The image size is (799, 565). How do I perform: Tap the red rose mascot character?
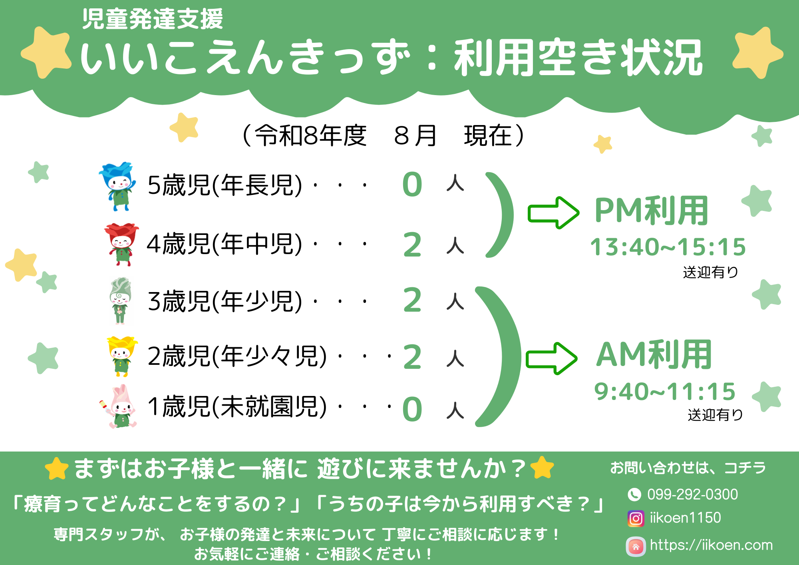(121, 244)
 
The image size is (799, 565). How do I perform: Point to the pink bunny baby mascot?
(119, 406)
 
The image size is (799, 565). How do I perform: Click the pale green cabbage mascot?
(120, 301)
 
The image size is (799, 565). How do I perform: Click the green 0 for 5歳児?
(412, 185)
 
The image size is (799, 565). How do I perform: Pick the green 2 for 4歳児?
(412, 245)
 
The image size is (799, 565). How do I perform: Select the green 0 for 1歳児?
(412, 409)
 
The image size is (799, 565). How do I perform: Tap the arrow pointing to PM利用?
(553, 213)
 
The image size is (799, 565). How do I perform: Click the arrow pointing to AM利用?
(551, 358)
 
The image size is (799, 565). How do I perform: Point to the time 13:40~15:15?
(668, 247)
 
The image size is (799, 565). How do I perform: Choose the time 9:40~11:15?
(665, 391)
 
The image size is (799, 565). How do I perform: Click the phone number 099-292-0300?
(692, 494)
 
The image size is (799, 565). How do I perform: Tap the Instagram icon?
(636, 518)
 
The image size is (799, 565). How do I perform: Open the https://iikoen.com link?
(711, 545)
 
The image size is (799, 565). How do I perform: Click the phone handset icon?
(634, 495)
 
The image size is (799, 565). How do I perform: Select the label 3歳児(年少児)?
(225, 301)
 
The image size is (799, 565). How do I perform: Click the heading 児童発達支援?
(152, 19)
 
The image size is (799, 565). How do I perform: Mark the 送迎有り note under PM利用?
(710, 272)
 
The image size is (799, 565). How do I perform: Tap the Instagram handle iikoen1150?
(685, 518)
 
